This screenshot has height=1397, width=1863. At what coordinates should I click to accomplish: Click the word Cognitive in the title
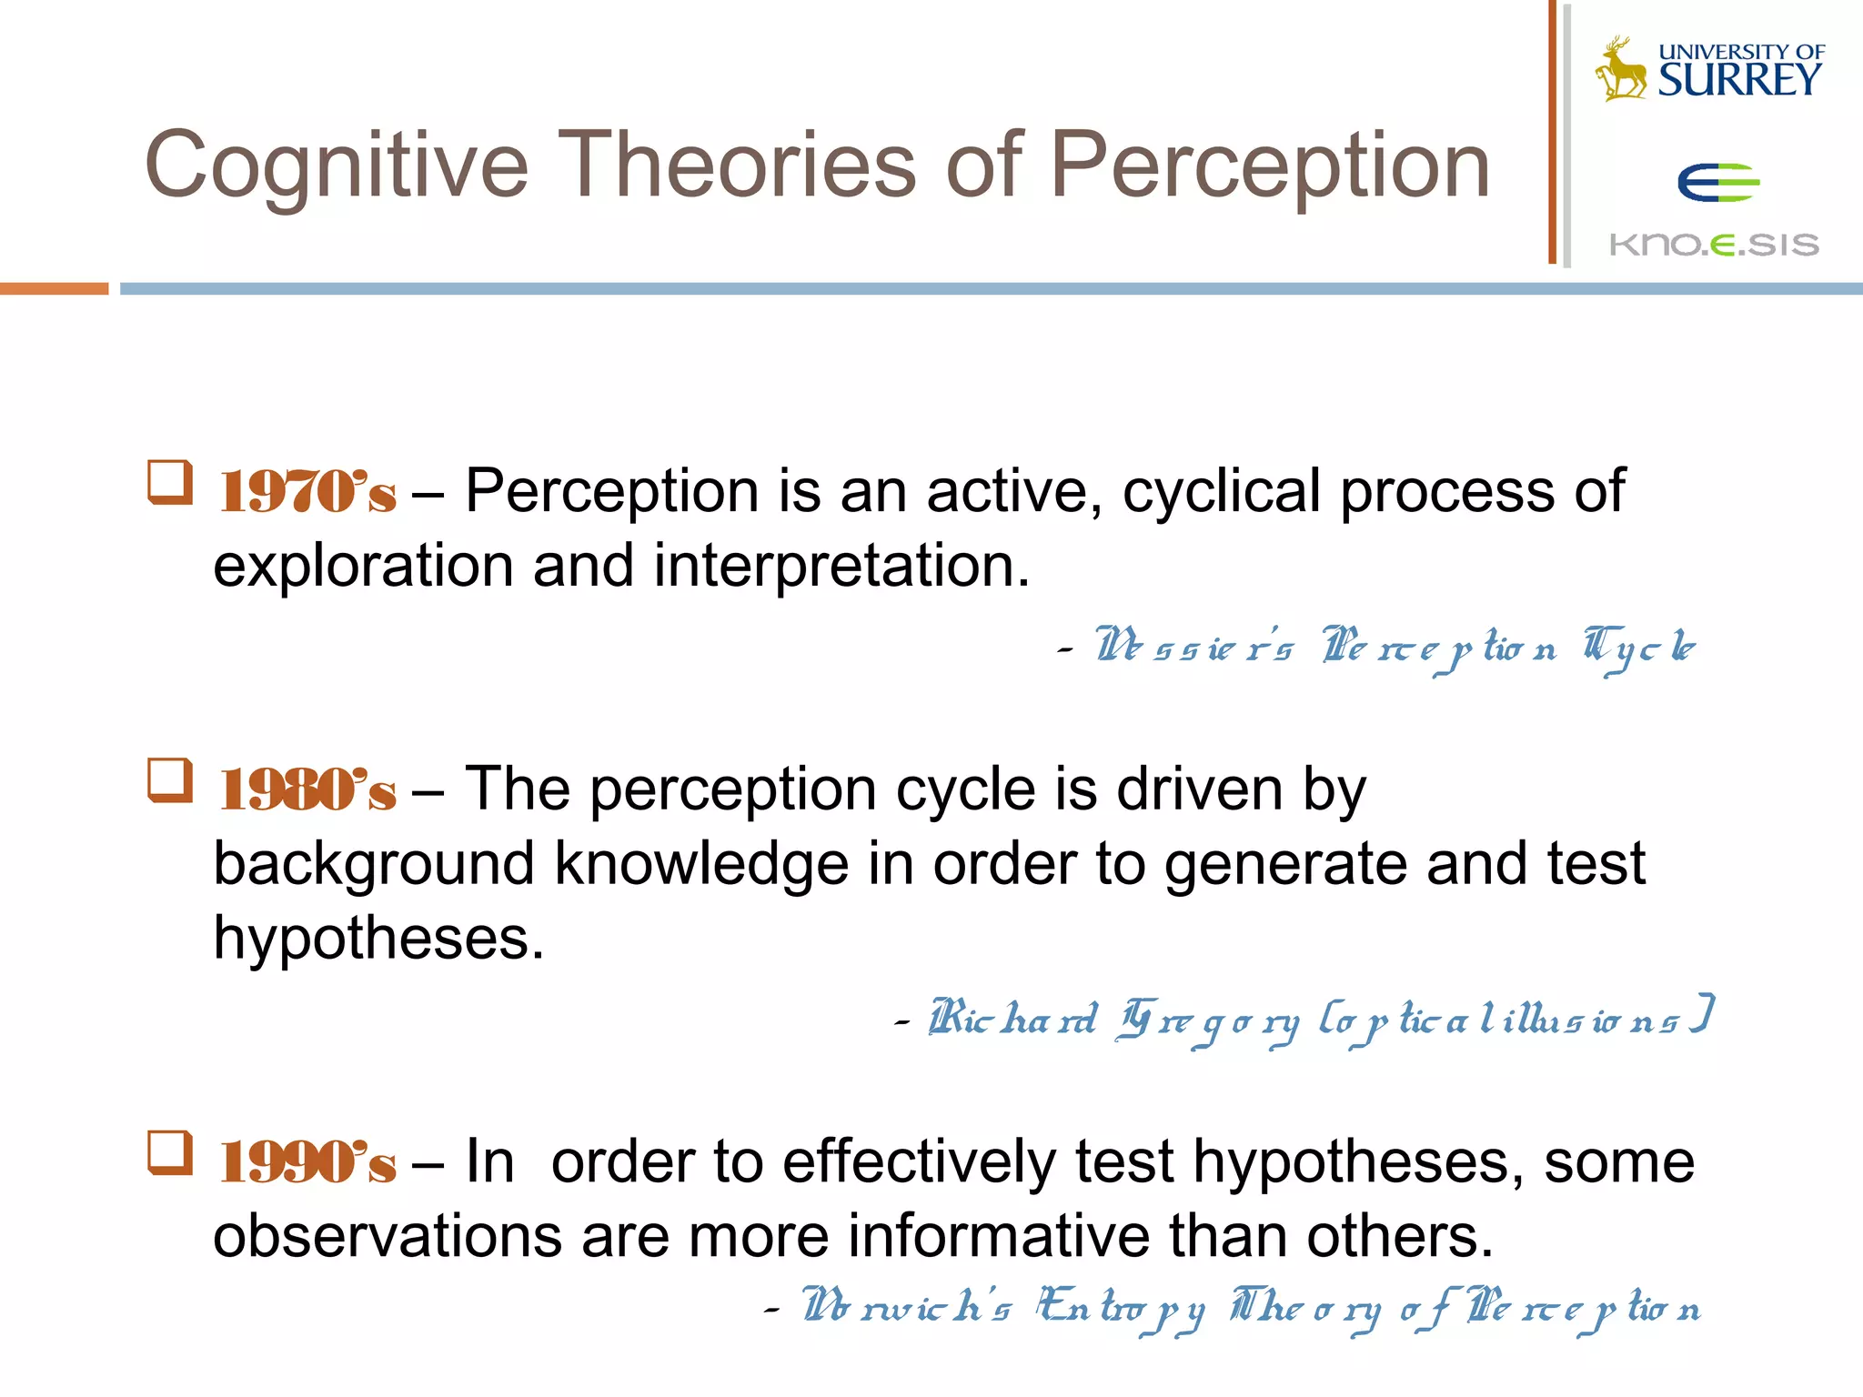coord(336,166)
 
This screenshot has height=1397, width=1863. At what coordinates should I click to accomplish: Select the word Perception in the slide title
coord(1270,166)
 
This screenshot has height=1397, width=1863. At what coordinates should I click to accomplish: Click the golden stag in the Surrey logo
coord(1621,69)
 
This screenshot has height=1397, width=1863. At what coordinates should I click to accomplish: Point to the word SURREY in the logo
coord(1739,80)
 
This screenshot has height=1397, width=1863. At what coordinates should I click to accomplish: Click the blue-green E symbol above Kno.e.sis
coord(1717,183)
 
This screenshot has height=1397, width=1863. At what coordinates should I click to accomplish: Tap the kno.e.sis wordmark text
coord(1714,244)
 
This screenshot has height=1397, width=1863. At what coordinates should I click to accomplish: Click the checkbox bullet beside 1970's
coord(170,482)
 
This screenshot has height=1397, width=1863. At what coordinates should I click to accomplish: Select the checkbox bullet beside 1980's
coord(170,780)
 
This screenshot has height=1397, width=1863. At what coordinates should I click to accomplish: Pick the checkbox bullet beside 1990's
coord(170,1153)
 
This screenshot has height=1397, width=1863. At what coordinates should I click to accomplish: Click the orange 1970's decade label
coord(307,492)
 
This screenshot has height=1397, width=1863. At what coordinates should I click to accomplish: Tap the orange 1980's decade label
coord(307,789)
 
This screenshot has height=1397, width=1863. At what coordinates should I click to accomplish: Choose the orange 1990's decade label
coord(307,1162)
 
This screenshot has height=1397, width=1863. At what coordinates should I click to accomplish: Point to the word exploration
coord(363,567)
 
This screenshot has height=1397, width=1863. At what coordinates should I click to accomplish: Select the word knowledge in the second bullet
coord(701,864)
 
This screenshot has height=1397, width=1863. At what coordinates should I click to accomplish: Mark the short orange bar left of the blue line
coord(54,288)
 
